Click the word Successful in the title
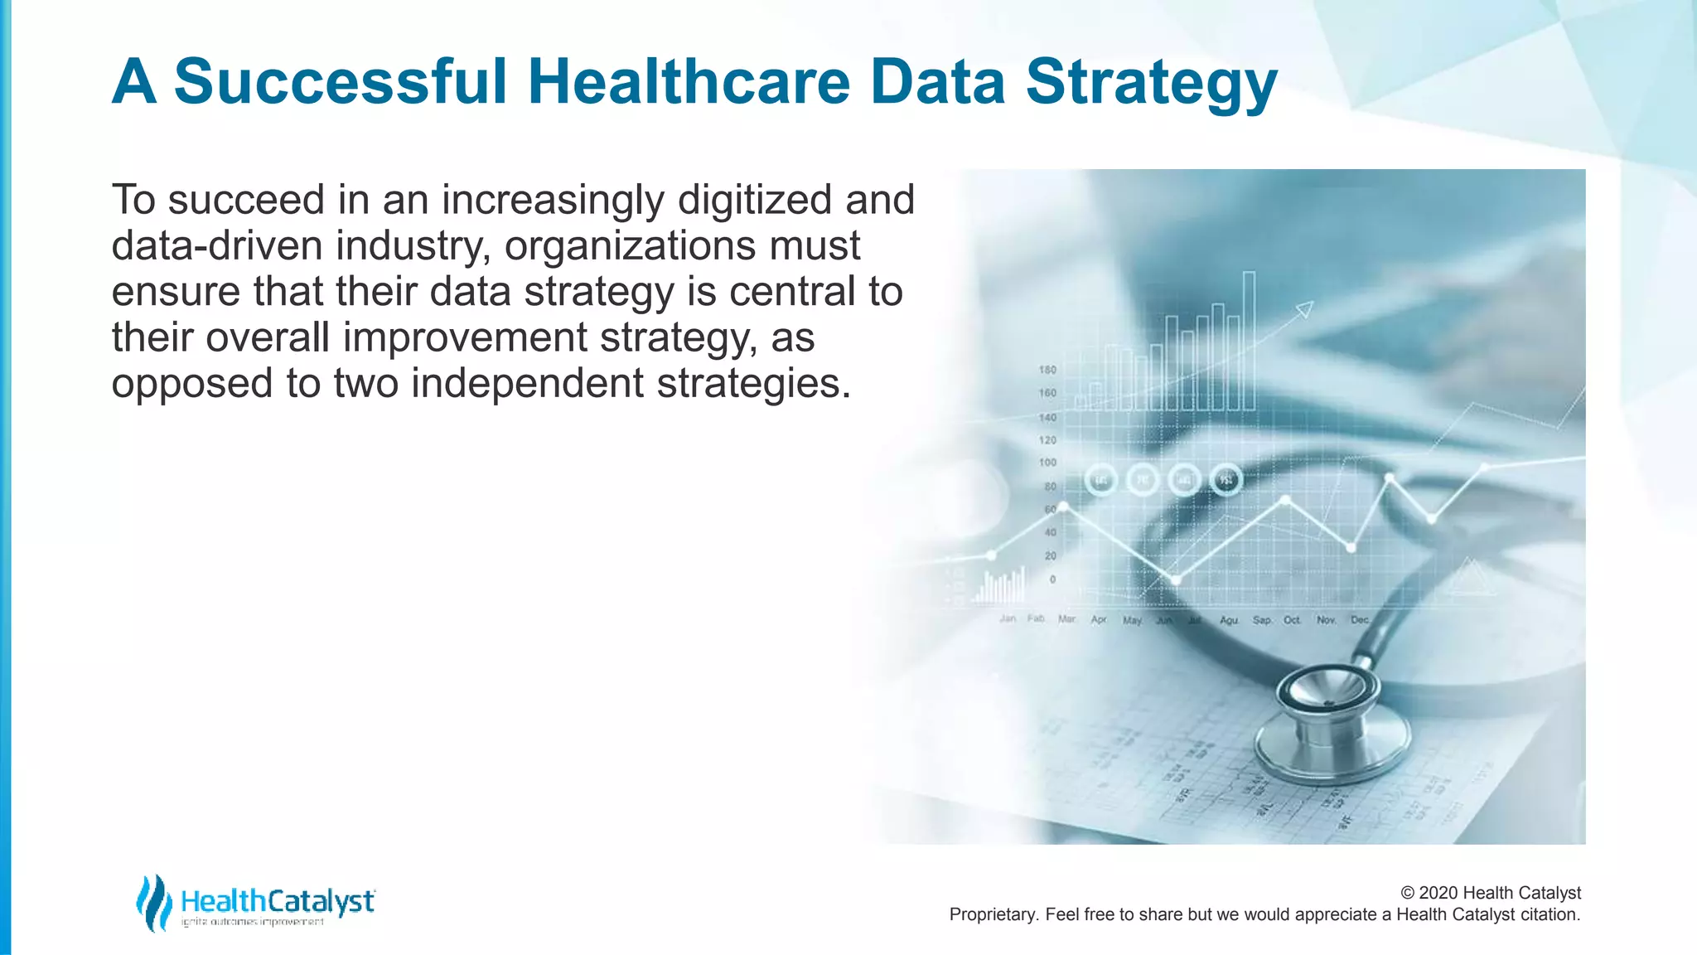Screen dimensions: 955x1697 coord(340,82)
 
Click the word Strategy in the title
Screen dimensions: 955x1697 coord(1151,82)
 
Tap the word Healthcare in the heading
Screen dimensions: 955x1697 coord(689,82)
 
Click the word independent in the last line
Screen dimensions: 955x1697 coord(527,384)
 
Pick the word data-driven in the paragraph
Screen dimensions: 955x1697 coord(216,246)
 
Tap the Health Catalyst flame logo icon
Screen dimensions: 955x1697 coord(153,902)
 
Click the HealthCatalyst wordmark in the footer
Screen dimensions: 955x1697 coord(278,901)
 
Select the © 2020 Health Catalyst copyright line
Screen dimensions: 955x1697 coord(1490,893)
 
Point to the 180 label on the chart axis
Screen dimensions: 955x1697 coord(1047,370)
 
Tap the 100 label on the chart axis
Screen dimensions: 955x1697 coord(1047,463)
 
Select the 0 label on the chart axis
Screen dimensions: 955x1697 coord(1052,579)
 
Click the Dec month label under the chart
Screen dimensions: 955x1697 coord(1360,619)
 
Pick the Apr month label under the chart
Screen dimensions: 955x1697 coord(1099,619)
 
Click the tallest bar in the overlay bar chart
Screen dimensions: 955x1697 coord(1249,340)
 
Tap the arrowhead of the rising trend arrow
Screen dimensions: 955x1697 coord(1305,309)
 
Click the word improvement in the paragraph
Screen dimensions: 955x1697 coord(465,338)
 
